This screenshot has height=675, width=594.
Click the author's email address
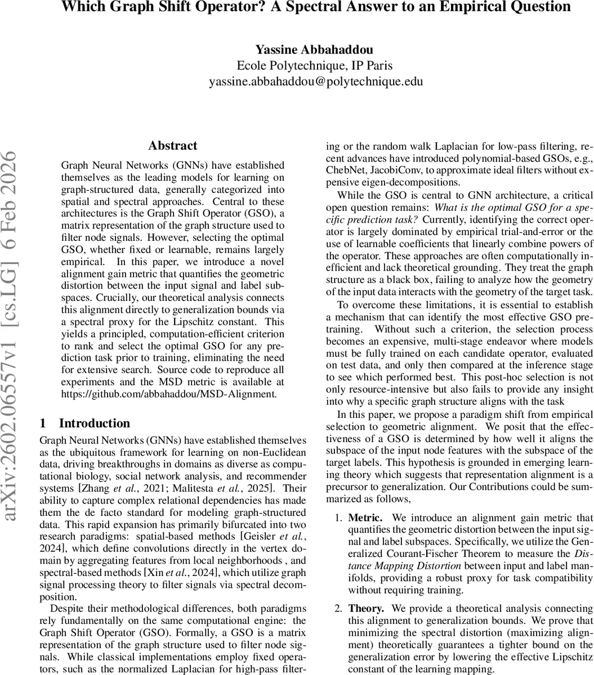pos(316,82)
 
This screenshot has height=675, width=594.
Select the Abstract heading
pos(173,146)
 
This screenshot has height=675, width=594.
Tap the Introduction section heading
pos(95,423)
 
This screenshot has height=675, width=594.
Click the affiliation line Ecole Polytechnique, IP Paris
pos(315,66)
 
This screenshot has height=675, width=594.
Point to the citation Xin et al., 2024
pos(180,574)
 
